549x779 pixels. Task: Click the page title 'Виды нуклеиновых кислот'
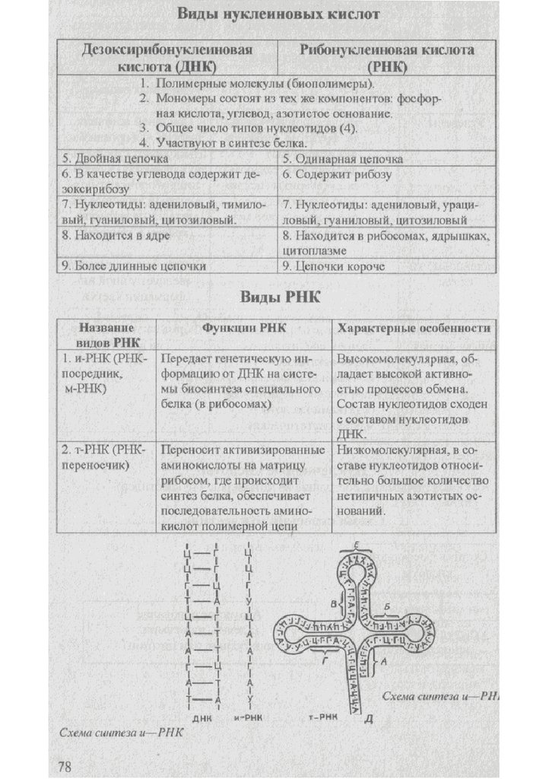278,14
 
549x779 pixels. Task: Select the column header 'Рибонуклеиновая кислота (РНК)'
387,58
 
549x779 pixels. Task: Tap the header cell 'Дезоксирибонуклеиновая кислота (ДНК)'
169,58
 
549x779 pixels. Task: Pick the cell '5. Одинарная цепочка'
343,160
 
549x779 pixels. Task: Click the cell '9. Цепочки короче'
335,266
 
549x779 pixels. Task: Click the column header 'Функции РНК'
243,328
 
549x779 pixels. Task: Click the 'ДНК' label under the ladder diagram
203,717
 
